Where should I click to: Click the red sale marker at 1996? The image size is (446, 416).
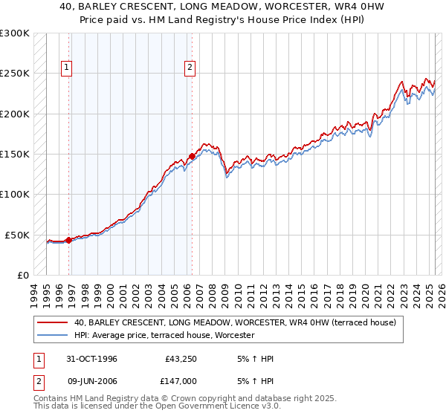pyautogui.click(x=69, y=240)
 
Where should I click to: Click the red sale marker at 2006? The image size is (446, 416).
pyautogui.click(x=192, y=156)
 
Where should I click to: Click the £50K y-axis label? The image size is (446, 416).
pyautogui.click(x=17, y=235)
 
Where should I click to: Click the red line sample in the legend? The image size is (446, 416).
pyautogui.click(x=52, y=322)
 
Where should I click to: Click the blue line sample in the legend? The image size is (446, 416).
pyautogui.click(x=52, y=335)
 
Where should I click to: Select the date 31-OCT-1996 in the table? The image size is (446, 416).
pyautogui.click(x=92, y=359)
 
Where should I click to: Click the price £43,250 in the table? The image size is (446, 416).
pyautogui.click(x=178, y=359)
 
